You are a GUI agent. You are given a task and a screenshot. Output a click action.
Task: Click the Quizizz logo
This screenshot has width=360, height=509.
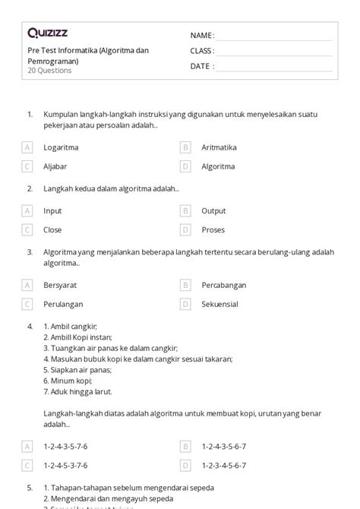tap(48, 33)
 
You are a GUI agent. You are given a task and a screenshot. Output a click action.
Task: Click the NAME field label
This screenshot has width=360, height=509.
tap(202, 36)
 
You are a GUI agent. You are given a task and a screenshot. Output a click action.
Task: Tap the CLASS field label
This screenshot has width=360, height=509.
tap(202, 51)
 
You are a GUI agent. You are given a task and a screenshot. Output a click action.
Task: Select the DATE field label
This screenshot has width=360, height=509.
tap(201, 66)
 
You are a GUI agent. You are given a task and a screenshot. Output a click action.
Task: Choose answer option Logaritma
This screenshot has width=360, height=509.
tap(61, 147)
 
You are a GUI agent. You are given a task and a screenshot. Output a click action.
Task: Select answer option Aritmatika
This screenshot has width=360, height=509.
tap(219, 147)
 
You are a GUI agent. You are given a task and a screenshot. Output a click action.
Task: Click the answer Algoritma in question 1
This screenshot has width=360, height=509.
tap(218, 166)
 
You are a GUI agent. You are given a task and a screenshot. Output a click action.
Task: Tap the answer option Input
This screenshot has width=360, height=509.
tap(52, 211)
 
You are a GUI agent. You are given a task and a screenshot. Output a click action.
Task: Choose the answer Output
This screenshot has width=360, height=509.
tap(213, 211)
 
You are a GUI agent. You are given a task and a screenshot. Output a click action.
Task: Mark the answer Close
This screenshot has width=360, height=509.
tap(52, 229)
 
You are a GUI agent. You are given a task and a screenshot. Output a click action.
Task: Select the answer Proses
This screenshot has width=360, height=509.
tap(213, 229)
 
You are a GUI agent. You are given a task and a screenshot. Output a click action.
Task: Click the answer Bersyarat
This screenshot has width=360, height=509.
tap(60, 286)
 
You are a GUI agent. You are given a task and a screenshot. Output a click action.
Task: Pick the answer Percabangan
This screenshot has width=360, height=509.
tap(223, 286)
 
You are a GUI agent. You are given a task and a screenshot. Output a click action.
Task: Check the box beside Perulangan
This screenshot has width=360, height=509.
tap(27, 304)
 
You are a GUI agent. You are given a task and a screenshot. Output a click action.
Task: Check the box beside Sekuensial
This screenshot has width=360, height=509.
tap(185, 304)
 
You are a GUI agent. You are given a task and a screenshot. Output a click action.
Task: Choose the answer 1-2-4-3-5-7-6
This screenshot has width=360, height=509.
tap(65, 447)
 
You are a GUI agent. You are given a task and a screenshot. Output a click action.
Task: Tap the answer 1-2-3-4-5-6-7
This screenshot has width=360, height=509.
tap(223, 465)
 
